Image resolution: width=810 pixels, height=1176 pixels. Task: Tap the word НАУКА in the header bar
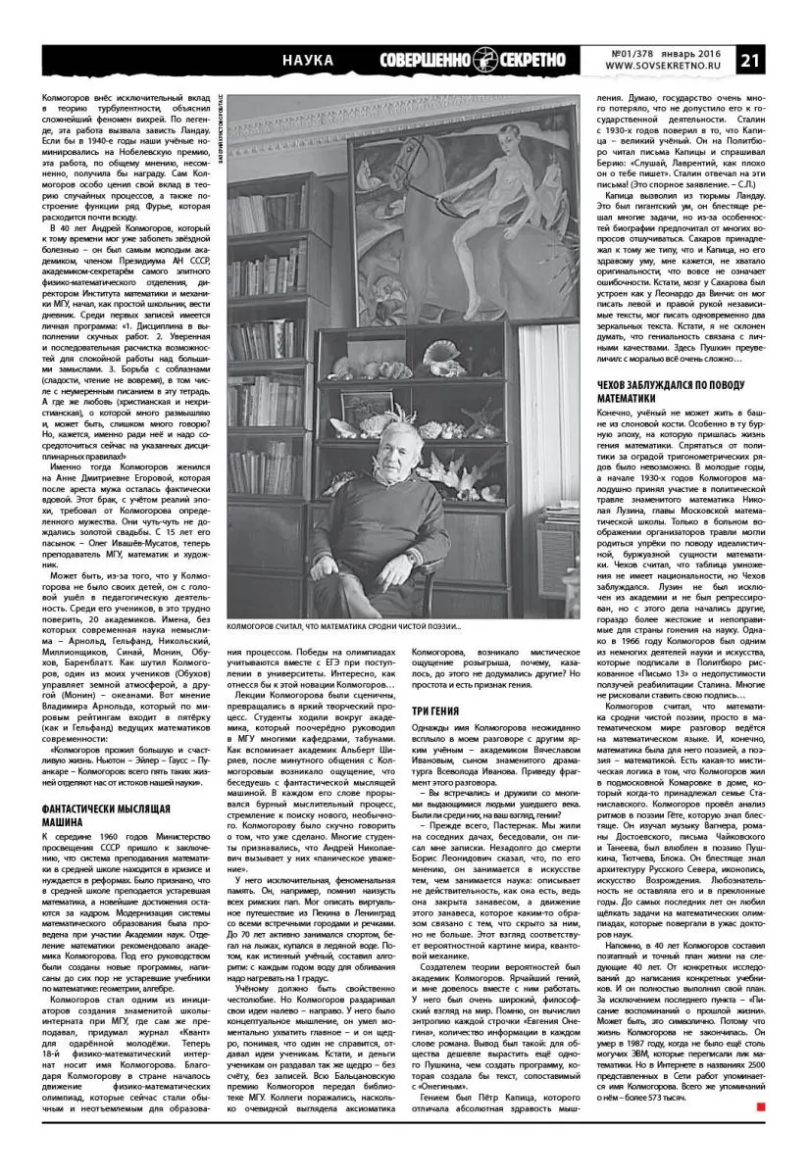307,60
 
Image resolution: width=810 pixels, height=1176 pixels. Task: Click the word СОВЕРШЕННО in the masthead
426,60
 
